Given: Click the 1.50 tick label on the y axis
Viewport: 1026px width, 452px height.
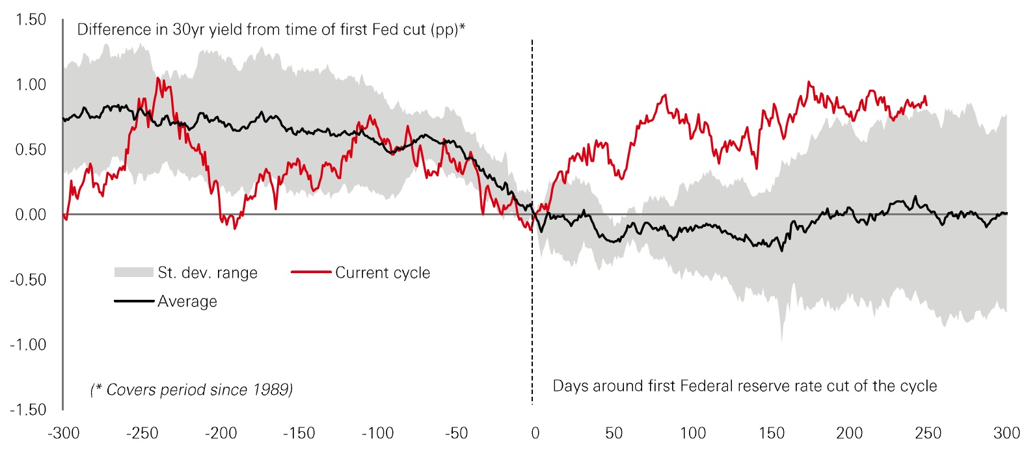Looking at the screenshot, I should (x=31, y=20).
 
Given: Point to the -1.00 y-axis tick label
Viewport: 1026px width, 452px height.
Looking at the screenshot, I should (x=29, y=345).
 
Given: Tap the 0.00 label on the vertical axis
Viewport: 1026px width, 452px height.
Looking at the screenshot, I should (x=31, y=215).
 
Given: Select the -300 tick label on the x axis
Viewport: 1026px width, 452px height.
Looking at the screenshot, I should (x=64, y=433).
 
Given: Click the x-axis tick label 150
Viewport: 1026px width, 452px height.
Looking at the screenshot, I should (x=771, y=433).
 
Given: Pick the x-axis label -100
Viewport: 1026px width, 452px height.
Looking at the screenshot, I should (x=378, y=433).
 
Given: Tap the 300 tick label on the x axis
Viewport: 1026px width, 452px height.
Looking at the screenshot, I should (x=1006, y=433).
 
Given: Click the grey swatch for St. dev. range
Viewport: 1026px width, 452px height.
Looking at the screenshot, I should (x=134, y=273).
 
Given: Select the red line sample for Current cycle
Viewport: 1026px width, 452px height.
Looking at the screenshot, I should (x=311, y=272).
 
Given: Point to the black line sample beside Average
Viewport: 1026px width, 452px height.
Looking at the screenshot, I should (x=134, y=300).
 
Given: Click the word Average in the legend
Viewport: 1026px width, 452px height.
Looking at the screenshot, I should (x=187, y=301).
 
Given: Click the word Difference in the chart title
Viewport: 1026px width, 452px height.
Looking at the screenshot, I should (x=114, y=30).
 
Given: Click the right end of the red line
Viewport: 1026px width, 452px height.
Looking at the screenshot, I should (x=927, y=104).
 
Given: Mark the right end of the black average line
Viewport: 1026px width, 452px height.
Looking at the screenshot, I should (x=1006, y=213).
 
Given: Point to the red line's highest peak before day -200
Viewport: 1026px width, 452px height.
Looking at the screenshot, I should (x=158, y=78).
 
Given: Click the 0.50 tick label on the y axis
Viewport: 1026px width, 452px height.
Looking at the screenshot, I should (x=31, y=150).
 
